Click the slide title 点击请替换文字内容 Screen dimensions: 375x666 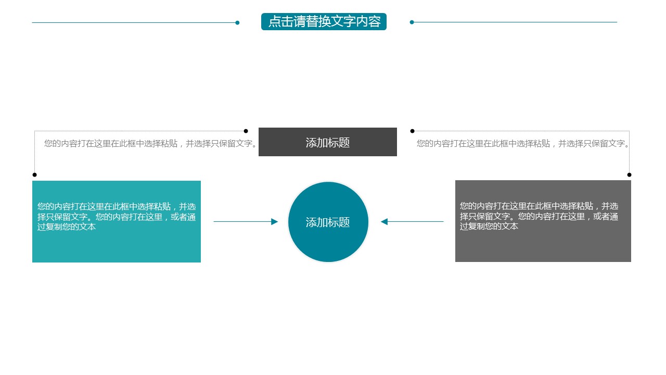[324, 22]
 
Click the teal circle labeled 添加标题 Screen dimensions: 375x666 [328, 222]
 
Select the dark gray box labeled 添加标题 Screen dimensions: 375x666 [328, 142]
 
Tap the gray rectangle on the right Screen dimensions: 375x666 [543, 245]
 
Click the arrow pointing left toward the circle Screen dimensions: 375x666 [413, 222]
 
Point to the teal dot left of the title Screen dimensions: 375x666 [237, 22]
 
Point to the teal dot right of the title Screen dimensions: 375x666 [412, 22]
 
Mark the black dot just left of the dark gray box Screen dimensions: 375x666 [246, 131]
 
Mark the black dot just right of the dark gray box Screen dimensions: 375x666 [412, 131]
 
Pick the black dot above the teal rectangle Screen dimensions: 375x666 [35, 174]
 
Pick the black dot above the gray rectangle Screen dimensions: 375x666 [629, 174]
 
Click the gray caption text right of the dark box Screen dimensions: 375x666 [523, 144]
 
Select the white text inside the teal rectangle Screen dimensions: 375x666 [117, 216]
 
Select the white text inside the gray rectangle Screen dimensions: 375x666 [539, 216]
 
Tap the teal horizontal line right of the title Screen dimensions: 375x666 [515, 22]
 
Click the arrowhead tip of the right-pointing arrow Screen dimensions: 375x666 [277, 222]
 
